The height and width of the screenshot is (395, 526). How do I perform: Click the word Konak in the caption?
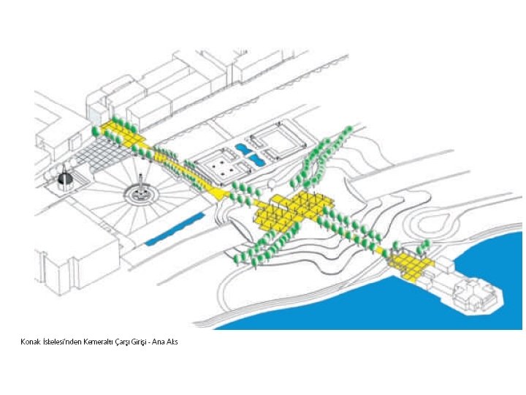coord(30,342)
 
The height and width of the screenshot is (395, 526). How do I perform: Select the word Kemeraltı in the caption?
coord(90,342)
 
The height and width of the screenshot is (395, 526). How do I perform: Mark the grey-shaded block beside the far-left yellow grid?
coord(96,112)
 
